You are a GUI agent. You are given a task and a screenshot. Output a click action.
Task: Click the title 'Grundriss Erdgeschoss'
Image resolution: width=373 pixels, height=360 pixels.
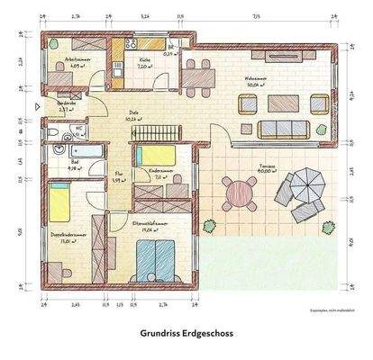[x=186, y=331]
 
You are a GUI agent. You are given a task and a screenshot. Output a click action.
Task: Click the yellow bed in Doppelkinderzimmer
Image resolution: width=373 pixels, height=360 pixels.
[x=60, y=204]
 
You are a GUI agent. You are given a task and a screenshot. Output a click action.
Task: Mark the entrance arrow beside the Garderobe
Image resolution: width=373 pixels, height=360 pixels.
[x=35, y=105]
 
